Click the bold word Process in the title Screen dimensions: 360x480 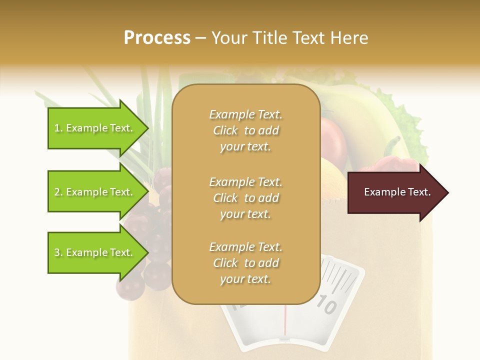(157, 38)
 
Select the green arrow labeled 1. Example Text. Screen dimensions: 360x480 (95, 128)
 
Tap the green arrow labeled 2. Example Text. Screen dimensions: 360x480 (95, 192)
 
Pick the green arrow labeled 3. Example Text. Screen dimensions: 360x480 (95, 252)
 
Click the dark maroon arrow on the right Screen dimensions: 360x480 (395, 192)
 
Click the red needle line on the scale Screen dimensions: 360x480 (285, 319)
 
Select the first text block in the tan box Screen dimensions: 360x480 (245, 130)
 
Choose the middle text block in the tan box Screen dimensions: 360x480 (245, 198)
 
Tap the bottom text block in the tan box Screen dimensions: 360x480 (245, 263)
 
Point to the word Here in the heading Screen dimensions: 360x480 (350, 38)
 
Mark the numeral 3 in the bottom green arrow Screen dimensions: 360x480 (57, 252)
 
